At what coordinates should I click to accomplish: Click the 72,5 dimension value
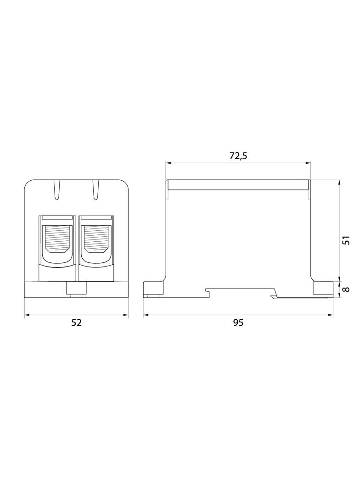pyautogui.click(x=238, y=156)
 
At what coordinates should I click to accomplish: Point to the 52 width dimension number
pyautogui.click(x=76, y=322)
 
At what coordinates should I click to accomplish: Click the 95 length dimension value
pyautogui.click(x=238, y=322)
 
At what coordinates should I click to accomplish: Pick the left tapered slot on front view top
pyautogui.click(x=57, y=190)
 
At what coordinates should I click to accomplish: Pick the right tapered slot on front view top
pyautogui.click(x=96, y=190)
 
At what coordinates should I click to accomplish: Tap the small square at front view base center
pyautogui.click(x=76, y=288)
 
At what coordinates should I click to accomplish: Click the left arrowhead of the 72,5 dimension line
pyautogui.click(x=168, y=162)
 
